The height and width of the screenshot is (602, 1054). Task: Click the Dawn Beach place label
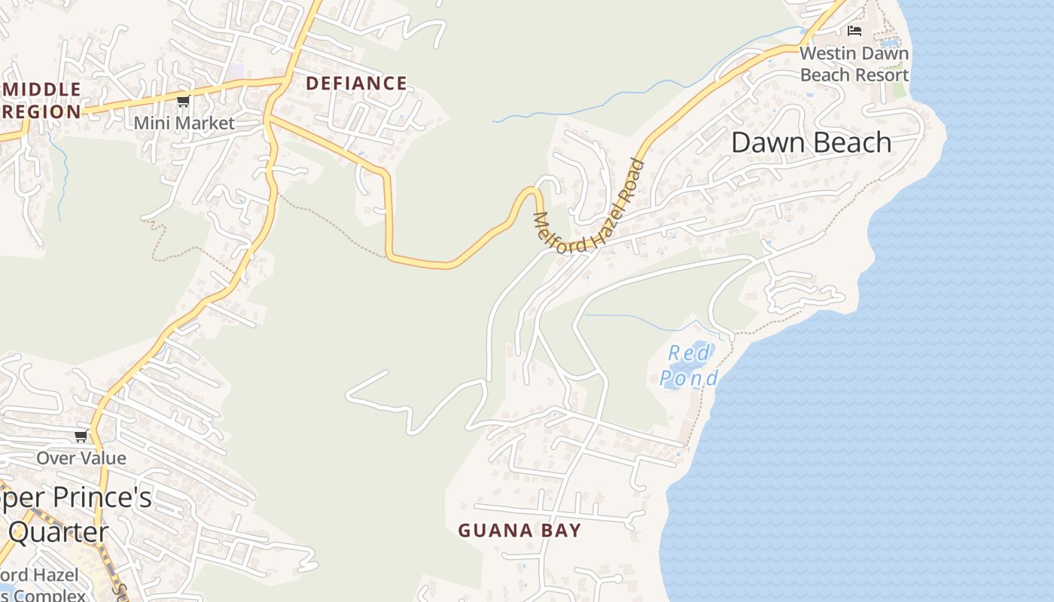[811, 142]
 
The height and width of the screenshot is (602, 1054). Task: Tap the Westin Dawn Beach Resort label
[854, 64]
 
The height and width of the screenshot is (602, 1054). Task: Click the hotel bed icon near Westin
[854, 31]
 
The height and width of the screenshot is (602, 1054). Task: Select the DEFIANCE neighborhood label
[356, 84]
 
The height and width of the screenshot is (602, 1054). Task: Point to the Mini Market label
[184, 123]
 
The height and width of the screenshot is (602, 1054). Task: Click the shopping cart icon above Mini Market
[183, 101]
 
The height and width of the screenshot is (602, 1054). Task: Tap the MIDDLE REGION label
[41, 101]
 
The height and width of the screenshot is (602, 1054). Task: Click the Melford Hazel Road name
[589, 208]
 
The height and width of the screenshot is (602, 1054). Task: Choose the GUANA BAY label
[519, 531]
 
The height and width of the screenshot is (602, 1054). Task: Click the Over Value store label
[81, 458]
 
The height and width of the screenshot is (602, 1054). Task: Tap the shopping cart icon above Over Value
[81, 436]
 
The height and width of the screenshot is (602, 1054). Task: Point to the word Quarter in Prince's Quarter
[59, 533]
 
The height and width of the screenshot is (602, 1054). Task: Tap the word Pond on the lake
[689, 378]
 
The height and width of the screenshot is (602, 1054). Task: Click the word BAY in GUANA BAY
[559, 531]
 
